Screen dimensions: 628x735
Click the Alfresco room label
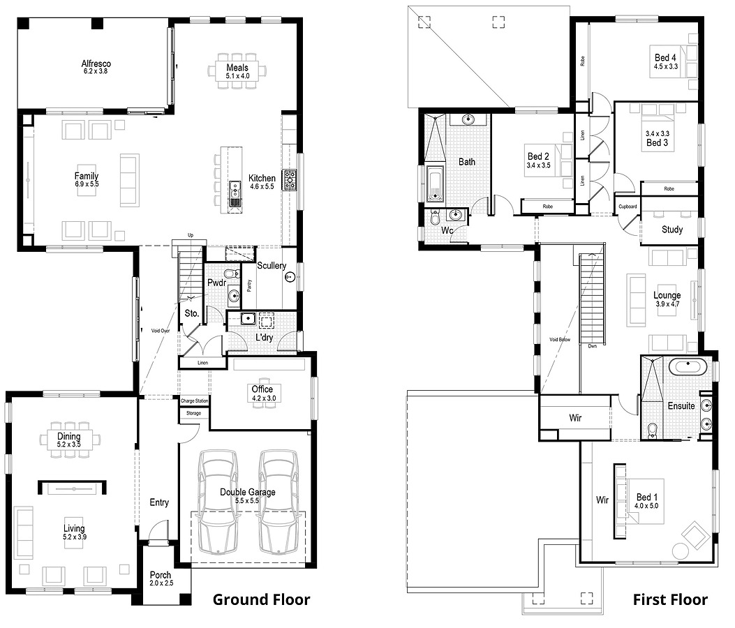coord(96,63)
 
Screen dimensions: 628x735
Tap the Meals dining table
coord(237,71)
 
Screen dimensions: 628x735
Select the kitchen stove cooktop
coord(290,180)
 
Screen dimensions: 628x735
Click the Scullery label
coord(271,266)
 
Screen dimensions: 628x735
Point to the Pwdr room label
coord(215,283)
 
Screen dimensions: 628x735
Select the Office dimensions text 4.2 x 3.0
coord(262,399)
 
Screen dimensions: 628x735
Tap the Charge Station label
coord(193,401)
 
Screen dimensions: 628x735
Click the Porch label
coord(160,575)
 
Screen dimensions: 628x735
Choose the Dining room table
coord(69,440)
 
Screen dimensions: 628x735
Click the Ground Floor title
coord(261,599)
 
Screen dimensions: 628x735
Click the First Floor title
coord(669,599)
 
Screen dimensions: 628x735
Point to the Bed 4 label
coord(665,58)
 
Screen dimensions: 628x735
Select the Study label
coord(671,230)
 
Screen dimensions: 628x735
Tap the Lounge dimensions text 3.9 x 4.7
coord(667,304)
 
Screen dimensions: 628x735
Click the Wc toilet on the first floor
coord(435,218)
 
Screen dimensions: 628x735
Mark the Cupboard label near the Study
coord(628,207)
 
